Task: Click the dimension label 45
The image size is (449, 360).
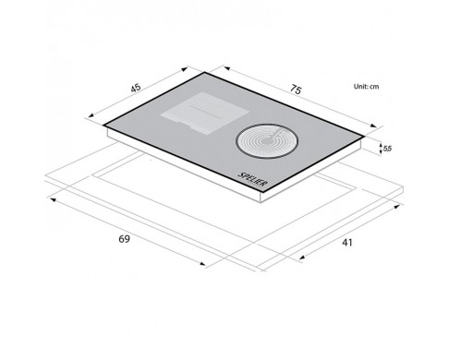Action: point(136,88)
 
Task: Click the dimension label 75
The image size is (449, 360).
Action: point(295,90)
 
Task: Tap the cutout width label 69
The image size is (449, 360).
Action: point(124,239)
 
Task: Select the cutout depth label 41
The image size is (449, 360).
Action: point(347,243)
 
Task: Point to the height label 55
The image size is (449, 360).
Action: point(387,149)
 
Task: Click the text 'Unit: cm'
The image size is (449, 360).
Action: point(366,87)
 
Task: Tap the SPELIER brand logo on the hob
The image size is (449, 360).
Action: point(252,179)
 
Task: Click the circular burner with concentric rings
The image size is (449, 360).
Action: point(267,141)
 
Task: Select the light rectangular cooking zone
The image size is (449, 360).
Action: point(204,113)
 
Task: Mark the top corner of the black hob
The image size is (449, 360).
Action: point(205,72)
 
